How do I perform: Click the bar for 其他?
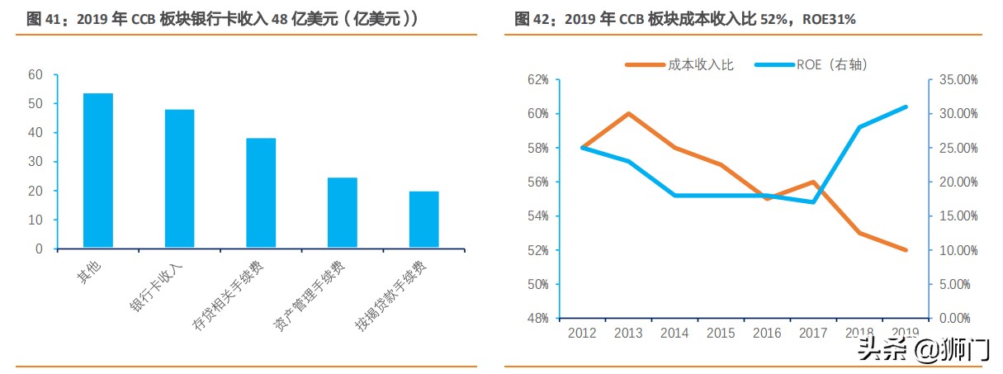pyautogui.click(x=97, y=170)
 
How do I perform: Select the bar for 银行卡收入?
pyautogui.click(x=179, y=178)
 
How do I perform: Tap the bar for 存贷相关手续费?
pyautogui.click(x=261, y=192)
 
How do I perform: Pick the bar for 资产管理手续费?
pyautogui.click(x=342, y=212)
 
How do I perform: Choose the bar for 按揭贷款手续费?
pyautogui.click(x=423, y=219)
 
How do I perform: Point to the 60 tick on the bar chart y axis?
pyautogui.click(x=35, y=74)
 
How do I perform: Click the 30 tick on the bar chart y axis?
pyautogui.click(x=35, y=162)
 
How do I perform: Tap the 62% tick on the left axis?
pyautogui.click(x=537, y=79)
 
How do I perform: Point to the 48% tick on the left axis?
pyautogui.click(x=537, y=319)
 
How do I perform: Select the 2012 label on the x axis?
pyautogui.click(x=582, y=333)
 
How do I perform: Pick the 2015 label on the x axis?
pyautogui.click(x=721, y=333)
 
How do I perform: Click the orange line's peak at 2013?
pyautogui.click(x=628, y=113)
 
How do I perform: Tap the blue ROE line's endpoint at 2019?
pyautogui.click(x=906, y=107)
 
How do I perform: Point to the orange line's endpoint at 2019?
pyautogui.click(x=906, y=250)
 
